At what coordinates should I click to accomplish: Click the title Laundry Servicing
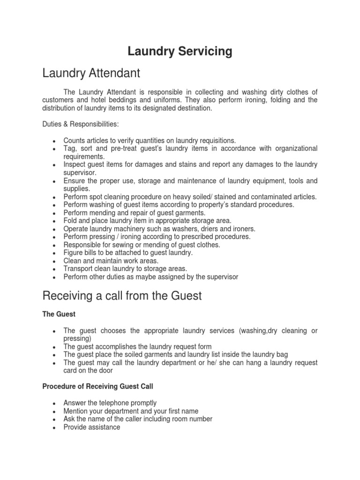click(x=180, y=52)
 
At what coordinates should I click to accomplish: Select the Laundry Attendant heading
click(x=91, y=74)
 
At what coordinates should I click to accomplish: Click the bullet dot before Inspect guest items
click(x=55, y=165)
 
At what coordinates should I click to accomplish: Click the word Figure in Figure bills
click(x=73, y=253)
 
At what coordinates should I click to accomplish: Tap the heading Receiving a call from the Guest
click(x=122, y=296)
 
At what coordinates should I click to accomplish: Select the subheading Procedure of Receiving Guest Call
click(x=97, y=386)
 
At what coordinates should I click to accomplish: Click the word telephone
click(x=114, y=403)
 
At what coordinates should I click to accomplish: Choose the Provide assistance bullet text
click(x=92, y=427)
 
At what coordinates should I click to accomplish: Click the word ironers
click(x=242, y=229)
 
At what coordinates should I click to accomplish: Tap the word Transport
click(x=78, y=269)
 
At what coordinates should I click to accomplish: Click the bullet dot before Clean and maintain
click(x=55, y=261)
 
